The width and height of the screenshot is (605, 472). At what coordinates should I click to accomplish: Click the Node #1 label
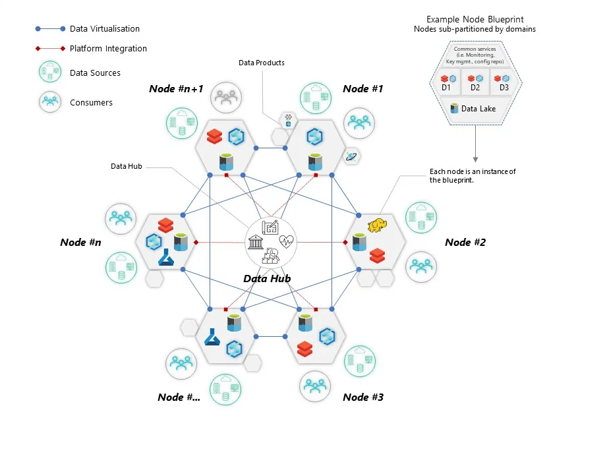(362, 89)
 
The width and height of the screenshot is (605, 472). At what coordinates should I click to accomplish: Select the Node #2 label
(465, 243)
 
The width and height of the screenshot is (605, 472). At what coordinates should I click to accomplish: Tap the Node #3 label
(362, 397)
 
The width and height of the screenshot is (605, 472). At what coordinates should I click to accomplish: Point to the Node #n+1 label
(176, 89)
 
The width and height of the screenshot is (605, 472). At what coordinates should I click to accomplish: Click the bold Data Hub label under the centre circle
(267, 278)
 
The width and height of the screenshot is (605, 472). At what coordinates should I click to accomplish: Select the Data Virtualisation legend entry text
(105, 29)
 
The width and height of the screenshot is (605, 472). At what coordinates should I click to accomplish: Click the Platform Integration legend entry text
(108, 49)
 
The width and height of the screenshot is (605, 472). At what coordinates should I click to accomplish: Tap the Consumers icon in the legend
(50, 102)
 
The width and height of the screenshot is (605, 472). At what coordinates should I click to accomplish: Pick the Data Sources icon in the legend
(50, 73)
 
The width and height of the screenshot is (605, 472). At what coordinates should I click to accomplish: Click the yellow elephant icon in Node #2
(377, 225)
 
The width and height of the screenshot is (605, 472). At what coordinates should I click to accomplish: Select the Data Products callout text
(262, 63)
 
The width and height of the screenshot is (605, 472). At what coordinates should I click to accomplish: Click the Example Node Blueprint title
(475, 20)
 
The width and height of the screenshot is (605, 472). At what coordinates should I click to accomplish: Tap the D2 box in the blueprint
(475, 83)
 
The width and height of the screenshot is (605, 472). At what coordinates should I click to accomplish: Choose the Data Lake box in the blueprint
(475, 109)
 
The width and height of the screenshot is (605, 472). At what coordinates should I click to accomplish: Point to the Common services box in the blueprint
(475, 55)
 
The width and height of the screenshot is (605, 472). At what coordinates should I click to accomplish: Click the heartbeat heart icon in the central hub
(286, 241)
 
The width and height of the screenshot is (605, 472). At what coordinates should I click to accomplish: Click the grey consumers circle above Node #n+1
(226, 98)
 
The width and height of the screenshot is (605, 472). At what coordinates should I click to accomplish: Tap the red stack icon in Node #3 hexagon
(304, 349)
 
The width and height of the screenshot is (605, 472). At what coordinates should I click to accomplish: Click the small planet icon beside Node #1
(351, 156)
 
